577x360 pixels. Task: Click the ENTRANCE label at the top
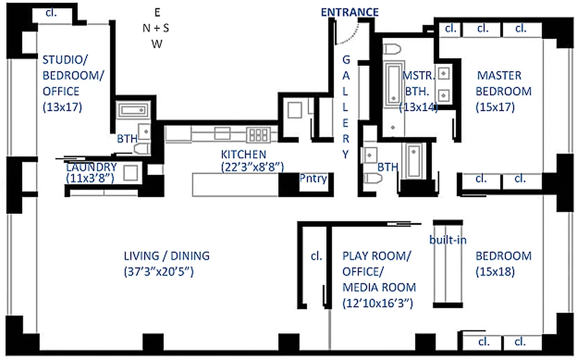tap(349, 12)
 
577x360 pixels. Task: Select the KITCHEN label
tap(243, 154)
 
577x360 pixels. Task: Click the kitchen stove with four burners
tap(259, 134)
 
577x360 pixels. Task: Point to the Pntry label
tap(313, 178)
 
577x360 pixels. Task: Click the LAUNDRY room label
tap(91, 167)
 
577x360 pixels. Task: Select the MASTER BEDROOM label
tap(503, 83)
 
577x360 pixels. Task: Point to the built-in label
tap(447, 240)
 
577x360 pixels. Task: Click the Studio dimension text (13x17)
tap(62, 108)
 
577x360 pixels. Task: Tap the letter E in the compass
tap(157, 12)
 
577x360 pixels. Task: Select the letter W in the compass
tap(157, 44)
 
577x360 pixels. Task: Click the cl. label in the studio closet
tap(51, 12)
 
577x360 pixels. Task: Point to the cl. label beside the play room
tap(316, 256)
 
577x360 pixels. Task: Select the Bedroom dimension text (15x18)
tap(495, 272)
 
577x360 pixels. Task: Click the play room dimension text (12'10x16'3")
tap(377, 303)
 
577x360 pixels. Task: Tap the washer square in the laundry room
tap(130, 173)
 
